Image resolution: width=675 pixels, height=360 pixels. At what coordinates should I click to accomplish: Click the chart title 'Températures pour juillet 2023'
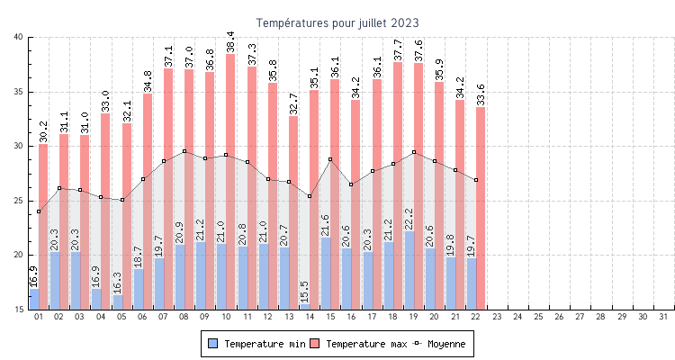point(337,22)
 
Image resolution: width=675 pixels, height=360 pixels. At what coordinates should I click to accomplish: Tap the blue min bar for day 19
point(409,270)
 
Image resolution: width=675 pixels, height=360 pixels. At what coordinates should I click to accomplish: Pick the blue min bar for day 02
point(55,281)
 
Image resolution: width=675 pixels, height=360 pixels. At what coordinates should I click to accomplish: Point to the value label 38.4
point(230,41)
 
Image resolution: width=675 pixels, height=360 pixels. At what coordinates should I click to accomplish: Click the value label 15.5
point(305,291)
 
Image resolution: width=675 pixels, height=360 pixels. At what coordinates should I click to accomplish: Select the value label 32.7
point(293,103)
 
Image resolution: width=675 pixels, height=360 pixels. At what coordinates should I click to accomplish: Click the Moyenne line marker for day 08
point(184,151)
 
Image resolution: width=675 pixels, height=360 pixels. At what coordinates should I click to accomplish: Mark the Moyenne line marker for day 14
point(310,196)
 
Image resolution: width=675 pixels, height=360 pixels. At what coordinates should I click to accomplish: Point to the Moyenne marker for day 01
point(39,211)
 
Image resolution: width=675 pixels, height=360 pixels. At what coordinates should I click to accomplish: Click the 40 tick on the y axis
point(19,37)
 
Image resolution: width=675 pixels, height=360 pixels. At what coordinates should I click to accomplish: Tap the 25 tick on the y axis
point(19,201)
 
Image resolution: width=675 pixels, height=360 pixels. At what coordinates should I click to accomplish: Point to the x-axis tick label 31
point(663,317)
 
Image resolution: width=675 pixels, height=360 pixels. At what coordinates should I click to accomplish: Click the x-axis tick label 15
point(330,317)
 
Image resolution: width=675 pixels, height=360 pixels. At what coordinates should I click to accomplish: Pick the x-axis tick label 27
point(580,317)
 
